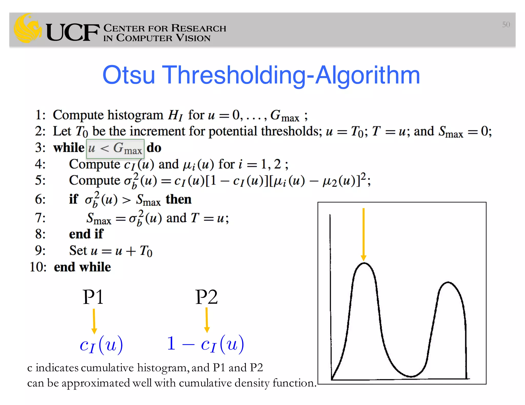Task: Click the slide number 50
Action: click(x=506, y=25)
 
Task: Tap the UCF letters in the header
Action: click(x=73, y=33)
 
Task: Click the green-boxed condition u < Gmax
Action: click(x=115, y=149)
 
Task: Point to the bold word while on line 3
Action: click(x=69, y=148)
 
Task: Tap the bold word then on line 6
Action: click(x=178, y=199)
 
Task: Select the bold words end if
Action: click(x=86, y=234)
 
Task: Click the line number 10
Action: click(x=38, y=267)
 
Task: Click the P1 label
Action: click(x=93, y=297)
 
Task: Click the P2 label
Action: click(x=206, y=297)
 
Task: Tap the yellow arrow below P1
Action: click(x=94, y=321)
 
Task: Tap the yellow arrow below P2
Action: click(x=207, y=320)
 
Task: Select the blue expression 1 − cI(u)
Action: click(x=205, y=344)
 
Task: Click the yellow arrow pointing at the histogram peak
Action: click(x=364, y=234)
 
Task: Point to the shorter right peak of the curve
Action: click(x=448, y=283)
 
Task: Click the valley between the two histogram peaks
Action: click(x=411, y=376)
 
